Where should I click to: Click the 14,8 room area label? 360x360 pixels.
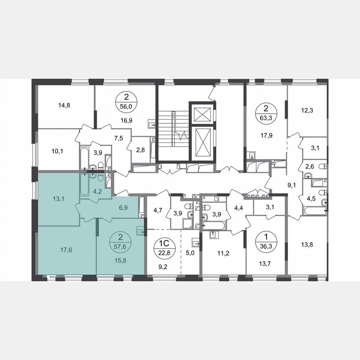coord(64,105)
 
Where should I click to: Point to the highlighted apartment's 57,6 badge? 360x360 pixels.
coord(121,241)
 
